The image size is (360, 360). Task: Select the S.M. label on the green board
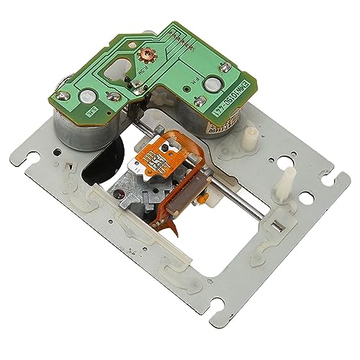click(x=93, y=112)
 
